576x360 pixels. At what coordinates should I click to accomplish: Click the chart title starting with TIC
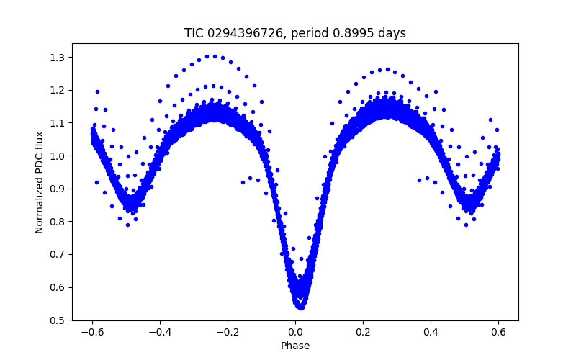(x=294, y=33)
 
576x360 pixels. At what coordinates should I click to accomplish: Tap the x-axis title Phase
(x=295, y=346)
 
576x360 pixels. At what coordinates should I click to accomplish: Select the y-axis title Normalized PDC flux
(x=40, y=181)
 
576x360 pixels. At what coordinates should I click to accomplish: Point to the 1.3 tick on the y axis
(x=57, y=58)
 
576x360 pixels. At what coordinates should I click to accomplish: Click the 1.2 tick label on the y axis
(x=57, y=90)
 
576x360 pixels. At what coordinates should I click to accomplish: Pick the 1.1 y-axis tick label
(x=57, y=123)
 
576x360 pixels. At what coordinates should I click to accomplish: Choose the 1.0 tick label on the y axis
(x=57, y=156)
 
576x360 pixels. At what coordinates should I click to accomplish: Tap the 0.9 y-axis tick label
(x=57, y=189)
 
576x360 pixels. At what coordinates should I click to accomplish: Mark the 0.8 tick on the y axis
(x=57, y=222)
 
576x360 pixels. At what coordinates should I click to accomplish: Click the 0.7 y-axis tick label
(x=57, y=254)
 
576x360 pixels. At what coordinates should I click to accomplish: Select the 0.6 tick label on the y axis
(x=57, y=287)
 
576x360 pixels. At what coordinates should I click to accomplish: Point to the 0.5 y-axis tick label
(x=57, y=320)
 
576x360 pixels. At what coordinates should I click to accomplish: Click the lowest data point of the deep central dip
(x=300, y=307)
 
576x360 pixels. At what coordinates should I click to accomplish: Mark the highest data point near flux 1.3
(x=207, y=55)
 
